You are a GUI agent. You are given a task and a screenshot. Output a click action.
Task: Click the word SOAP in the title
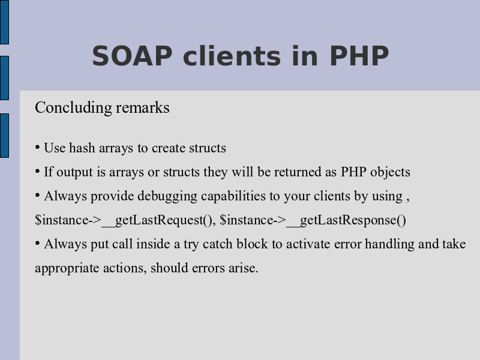(132, 56)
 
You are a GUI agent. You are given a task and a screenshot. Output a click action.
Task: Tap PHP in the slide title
(359, 56)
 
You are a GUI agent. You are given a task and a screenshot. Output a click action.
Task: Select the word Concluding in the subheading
(73, 108)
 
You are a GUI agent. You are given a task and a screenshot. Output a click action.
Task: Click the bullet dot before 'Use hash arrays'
(37, 148)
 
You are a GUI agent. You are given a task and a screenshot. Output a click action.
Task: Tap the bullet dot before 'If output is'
(37, 172)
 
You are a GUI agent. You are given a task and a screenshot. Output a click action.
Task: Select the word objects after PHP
(391, 172)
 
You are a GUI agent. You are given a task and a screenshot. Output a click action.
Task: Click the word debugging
(167, 196)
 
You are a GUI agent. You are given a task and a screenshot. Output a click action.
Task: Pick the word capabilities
(233, 196)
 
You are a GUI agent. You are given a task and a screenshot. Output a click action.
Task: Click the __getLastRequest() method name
(157, 220)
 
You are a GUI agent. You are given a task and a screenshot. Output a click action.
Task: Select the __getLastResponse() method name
(346, 220)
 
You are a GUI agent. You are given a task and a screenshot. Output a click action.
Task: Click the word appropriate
(67, 268)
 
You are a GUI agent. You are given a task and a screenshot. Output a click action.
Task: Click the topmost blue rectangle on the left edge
(4, 22)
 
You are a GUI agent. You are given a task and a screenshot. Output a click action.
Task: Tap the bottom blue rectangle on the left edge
(4, 136)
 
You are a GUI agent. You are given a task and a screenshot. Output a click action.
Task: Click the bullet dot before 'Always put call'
(37, 244)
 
